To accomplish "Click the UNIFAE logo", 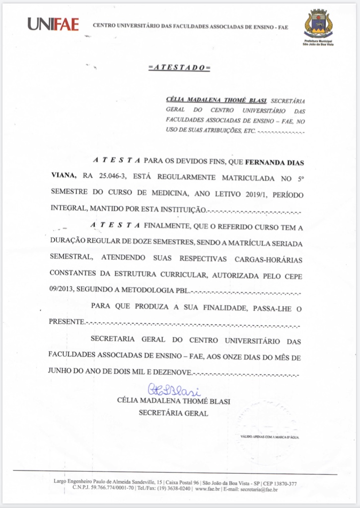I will point(53,24).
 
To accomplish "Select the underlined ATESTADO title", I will point(179,68).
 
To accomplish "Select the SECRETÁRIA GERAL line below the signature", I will point(173,413).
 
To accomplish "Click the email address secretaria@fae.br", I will point(258,490).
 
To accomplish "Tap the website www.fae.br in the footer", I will point(208,490).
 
